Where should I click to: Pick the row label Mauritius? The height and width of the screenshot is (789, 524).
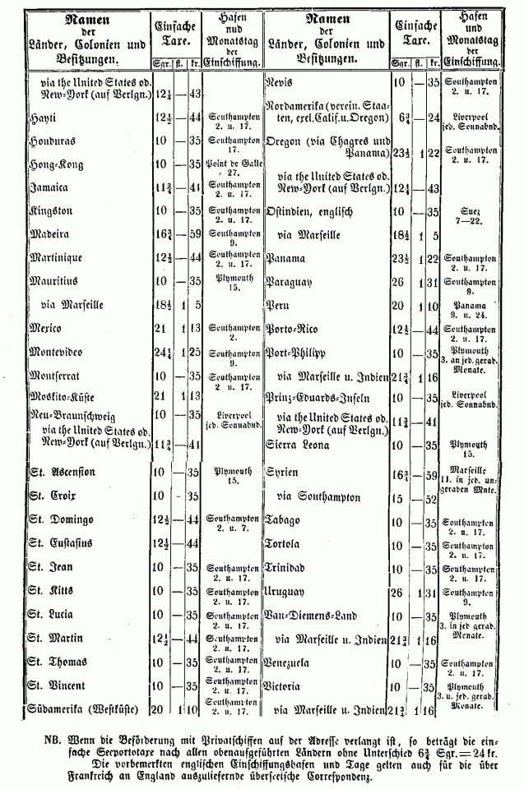pos(53,279)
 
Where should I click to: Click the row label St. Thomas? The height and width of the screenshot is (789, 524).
pos(59,662)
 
